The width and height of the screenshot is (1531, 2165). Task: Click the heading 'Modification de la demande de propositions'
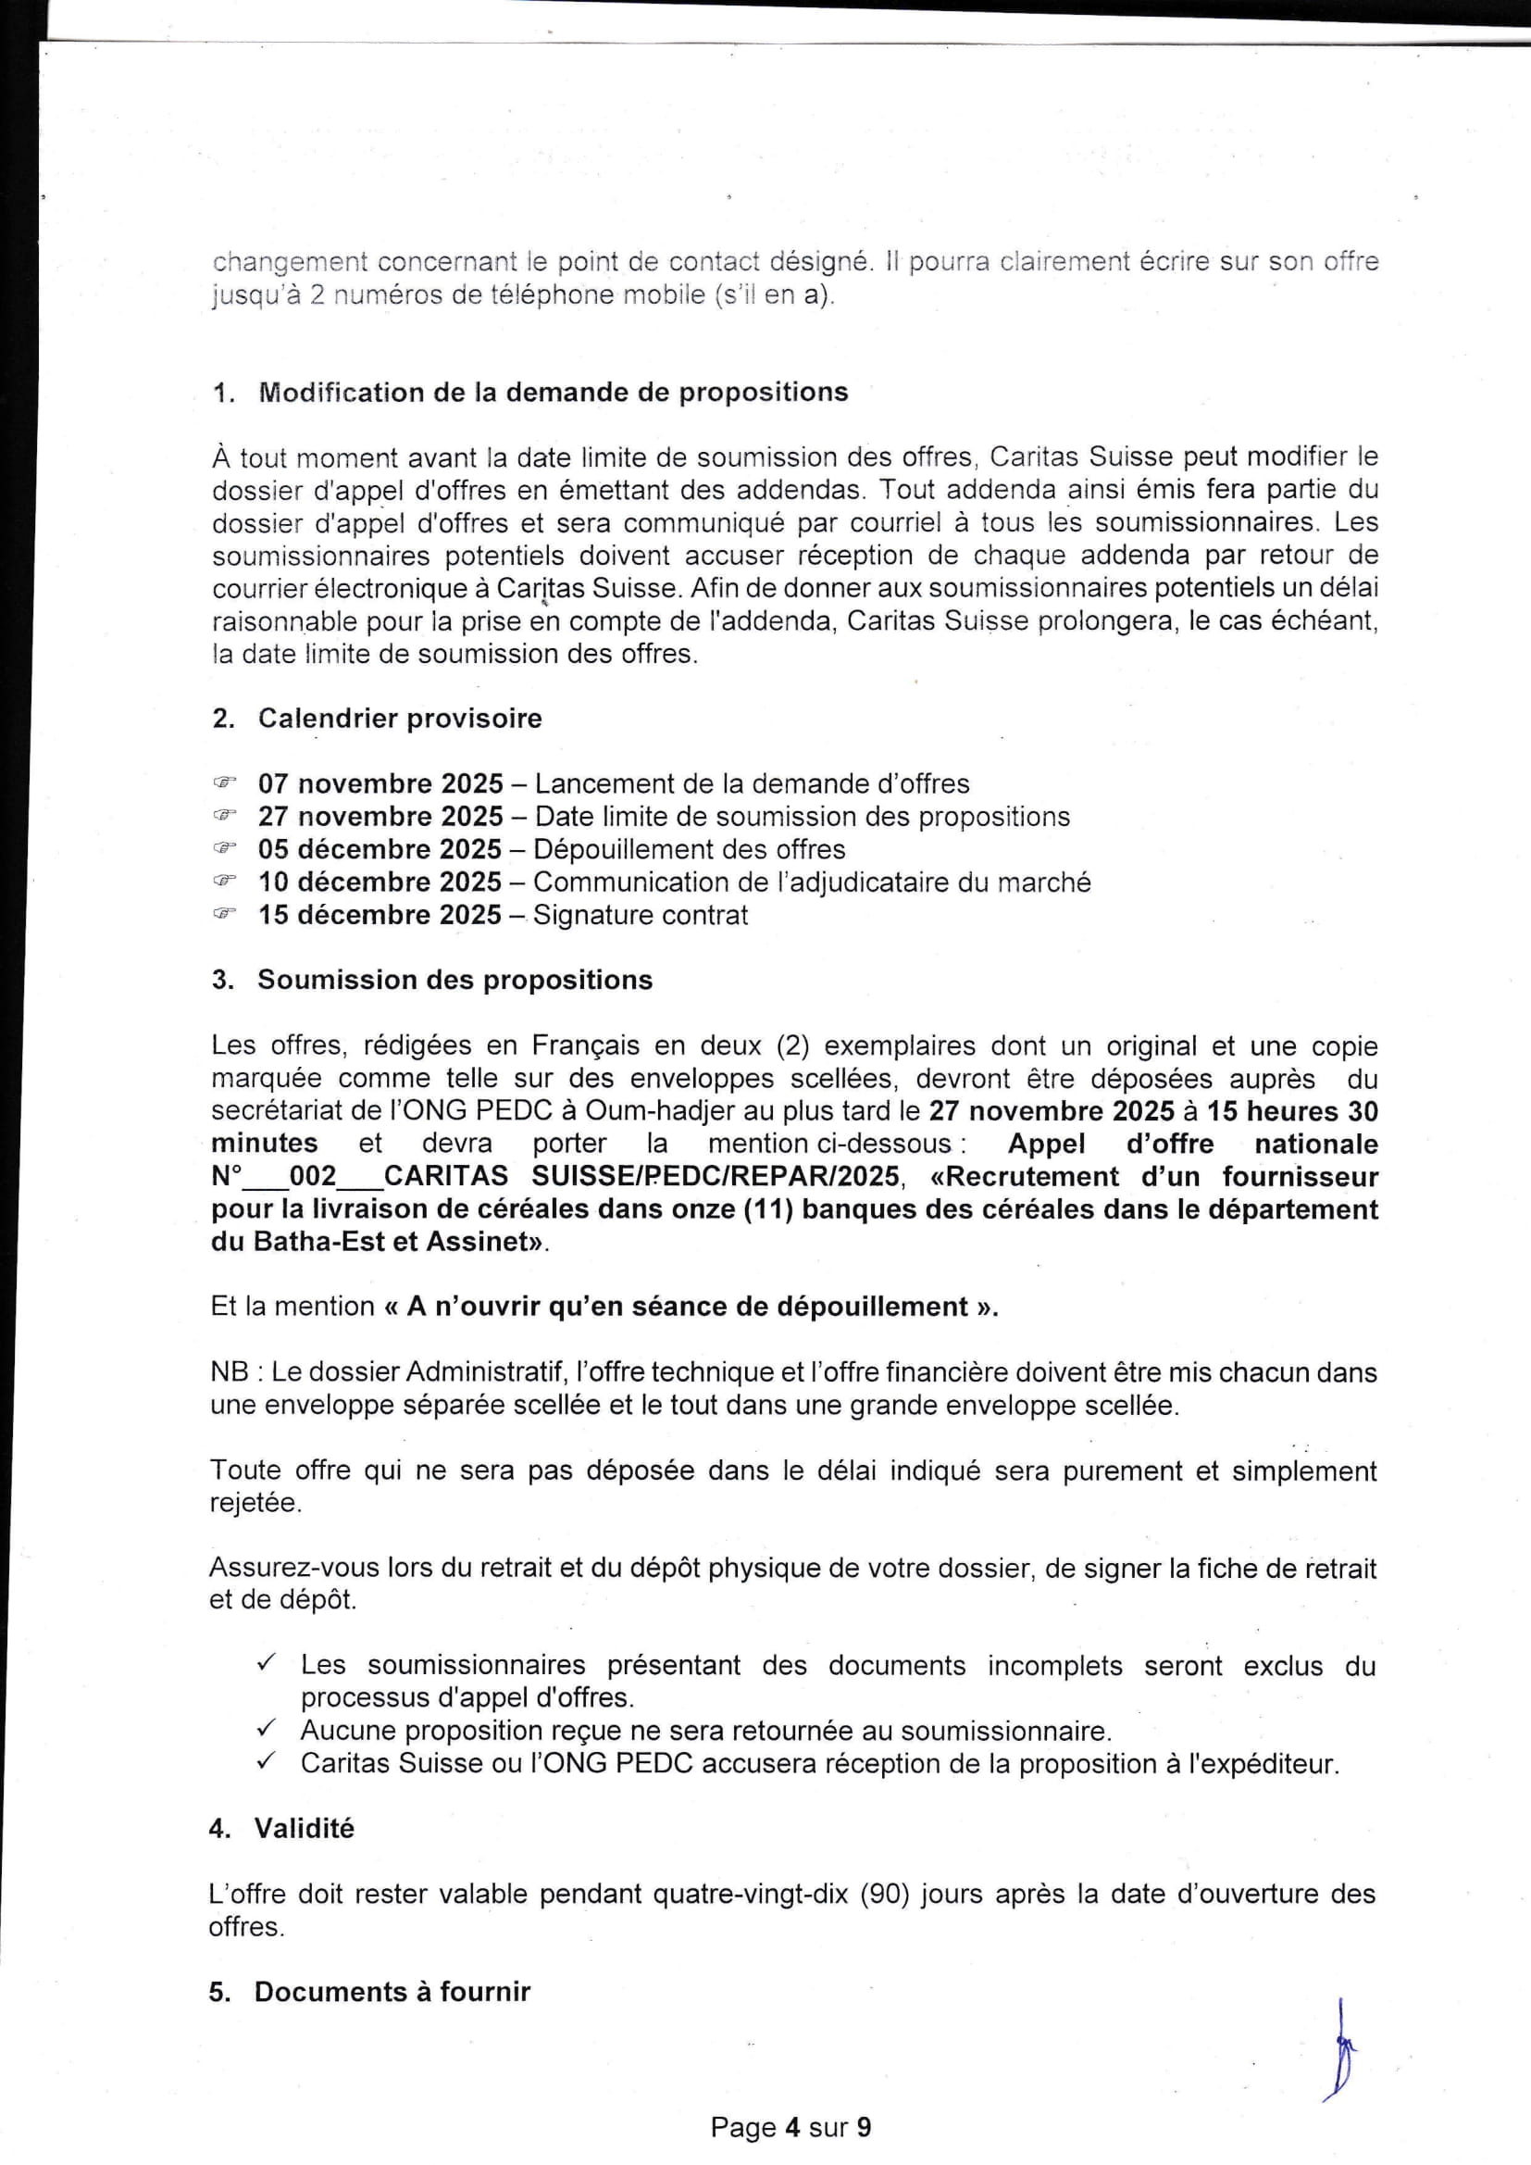553,393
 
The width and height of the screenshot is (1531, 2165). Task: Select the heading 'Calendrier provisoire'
400,719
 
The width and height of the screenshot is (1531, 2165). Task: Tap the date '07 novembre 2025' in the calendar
380,783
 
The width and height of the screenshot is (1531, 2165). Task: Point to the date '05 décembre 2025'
380,849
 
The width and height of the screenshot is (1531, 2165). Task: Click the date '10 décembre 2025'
380,882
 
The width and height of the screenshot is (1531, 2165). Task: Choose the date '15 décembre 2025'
380,916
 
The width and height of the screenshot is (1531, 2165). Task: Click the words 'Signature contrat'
641,916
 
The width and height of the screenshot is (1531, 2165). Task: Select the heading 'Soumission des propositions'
454,981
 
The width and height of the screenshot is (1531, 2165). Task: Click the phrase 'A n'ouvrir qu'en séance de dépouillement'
687,1307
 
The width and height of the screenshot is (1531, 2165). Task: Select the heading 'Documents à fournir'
392,1992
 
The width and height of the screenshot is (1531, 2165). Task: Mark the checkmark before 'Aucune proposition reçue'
266,1730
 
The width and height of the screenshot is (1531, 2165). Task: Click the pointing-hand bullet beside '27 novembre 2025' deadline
223,816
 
